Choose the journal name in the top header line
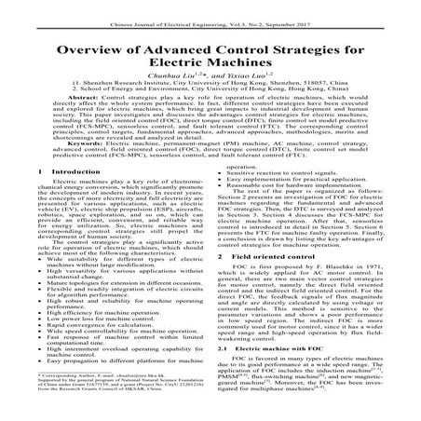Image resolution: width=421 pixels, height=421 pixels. (x=163, y=10)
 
